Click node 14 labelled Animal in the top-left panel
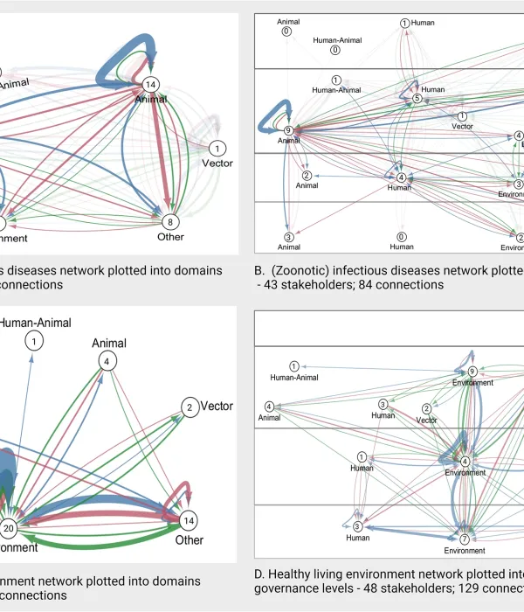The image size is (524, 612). tap(151, 85)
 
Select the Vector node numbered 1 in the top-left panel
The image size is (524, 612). tap(217, 148)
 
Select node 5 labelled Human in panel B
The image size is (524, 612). tap(417, 99)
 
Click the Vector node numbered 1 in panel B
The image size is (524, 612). tap(462, 115)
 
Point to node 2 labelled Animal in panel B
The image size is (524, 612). tap(307, 177)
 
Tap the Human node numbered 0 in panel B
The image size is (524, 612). tap(402, 236)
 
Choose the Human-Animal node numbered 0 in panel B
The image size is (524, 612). tap(334, 53)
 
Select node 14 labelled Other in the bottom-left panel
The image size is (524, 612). tap(187, 520)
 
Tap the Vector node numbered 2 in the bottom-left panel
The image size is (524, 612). tap(188, 407)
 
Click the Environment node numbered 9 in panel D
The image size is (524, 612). tap(472, 372)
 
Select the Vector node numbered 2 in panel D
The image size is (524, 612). tap(426, 408)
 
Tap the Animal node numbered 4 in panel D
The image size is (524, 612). tap(270, 407)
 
